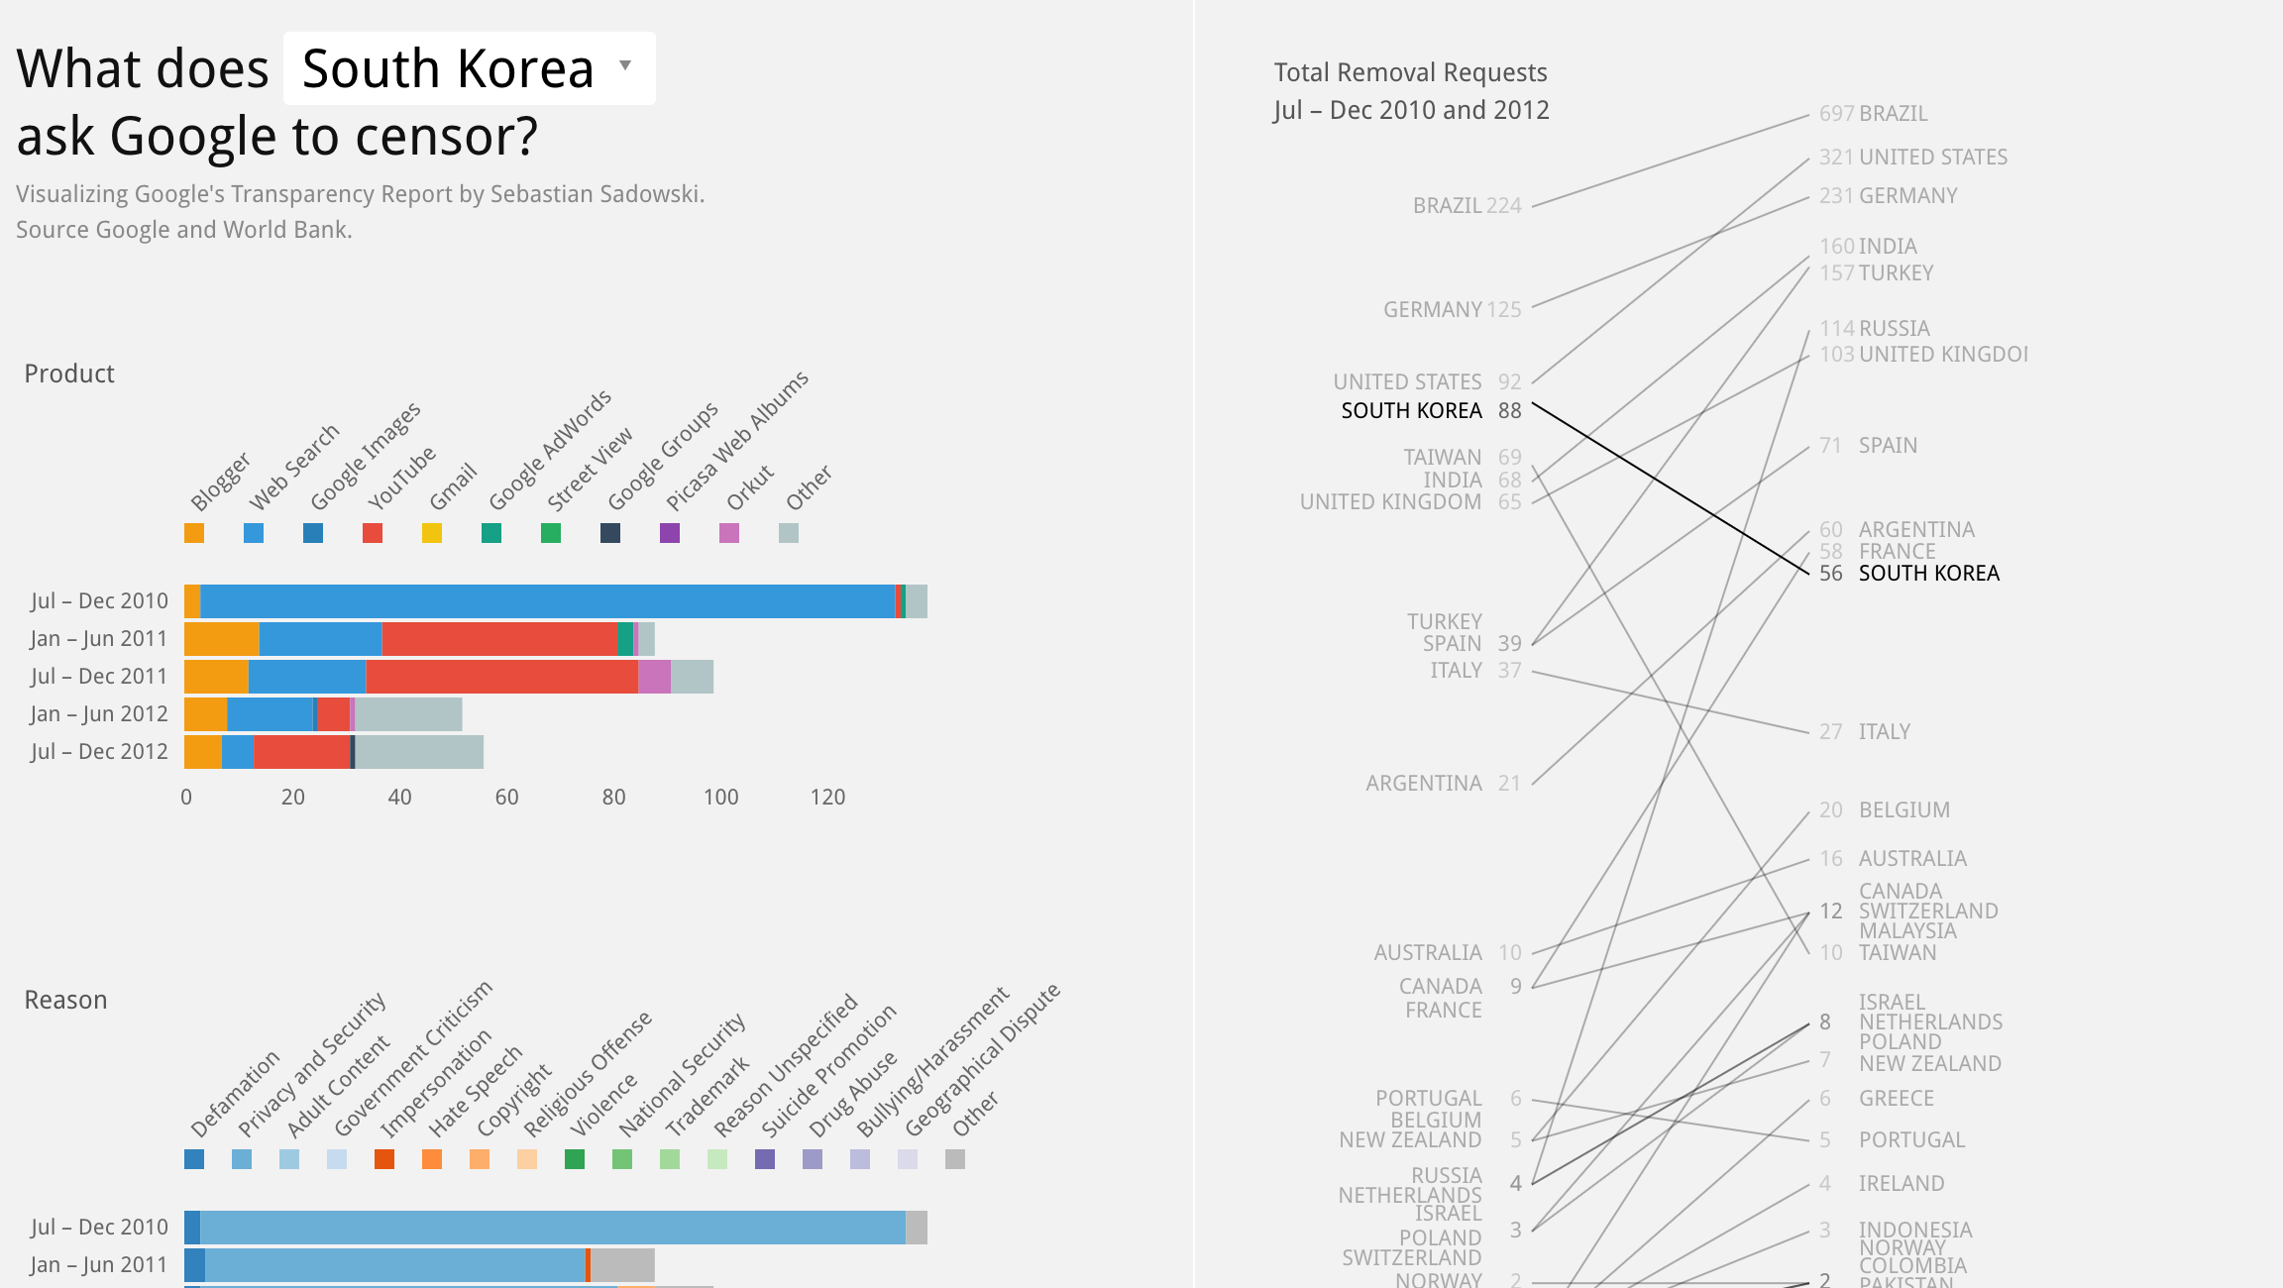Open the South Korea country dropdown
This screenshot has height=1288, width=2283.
tap(469, 68)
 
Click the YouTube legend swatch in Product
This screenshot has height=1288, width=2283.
tap(373, 533)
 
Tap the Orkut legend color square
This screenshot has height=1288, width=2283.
tap(729, 533)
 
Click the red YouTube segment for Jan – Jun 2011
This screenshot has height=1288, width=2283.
tap(499, 639)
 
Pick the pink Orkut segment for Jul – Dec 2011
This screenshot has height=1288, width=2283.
tap(654, 677)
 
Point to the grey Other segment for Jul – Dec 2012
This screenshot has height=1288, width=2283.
tap(419, 752)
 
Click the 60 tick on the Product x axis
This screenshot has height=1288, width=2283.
tap(506, 798)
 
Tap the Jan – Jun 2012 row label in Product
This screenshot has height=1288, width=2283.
tap(98, 714)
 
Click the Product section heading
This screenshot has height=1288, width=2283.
tap(69, 374)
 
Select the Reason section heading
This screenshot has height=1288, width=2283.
tap(65, 1000)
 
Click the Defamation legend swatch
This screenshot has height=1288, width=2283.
tap(194, 1159)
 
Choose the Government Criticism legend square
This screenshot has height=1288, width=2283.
tap(337, 1159)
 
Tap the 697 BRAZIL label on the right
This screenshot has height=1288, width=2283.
tap(1873, 114)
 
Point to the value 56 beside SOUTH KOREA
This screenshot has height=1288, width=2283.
tap(1830, 574)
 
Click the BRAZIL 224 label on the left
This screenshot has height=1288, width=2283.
tap(1467, 206)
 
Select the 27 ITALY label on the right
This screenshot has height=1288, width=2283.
tap(1864, 732)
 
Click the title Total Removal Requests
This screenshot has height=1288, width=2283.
tap(1410, 72)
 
